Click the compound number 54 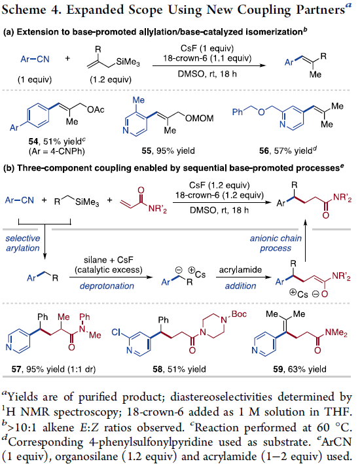[33, 142]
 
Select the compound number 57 [16, 369]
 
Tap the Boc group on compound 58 [239, 314]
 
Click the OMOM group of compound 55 [199, 118]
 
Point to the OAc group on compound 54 [96, 110]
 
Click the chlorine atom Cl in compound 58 [117, 332]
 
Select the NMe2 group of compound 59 [336, 332]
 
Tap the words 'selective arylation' [22, 243]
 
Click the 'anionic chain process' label [276, 243]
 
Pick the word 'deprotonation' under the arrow [107, 286]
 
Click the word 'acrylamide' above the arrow [240, 270]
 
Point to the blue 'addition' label [240, 286]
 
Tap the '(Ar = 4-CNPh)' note [56, 152]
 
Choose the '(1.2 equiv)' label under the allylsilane [111, 80]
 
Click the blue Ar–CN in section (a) [35, 59]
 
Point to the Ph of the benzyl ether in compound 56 [238, 112]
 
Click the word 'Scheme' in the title [24, 10]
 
